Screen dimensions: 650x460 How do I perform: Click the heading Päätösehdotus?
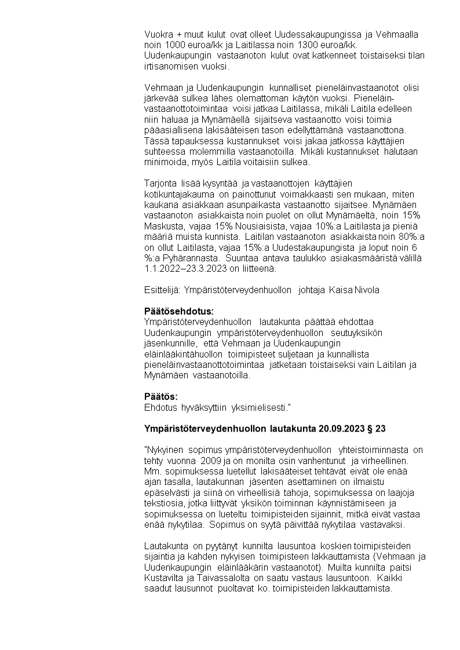(179, 311)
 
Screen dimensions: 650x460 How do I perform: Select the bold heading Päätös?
(161, 396)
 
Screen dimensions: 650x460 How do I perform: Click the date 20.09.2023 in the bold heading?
(341, 429)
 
